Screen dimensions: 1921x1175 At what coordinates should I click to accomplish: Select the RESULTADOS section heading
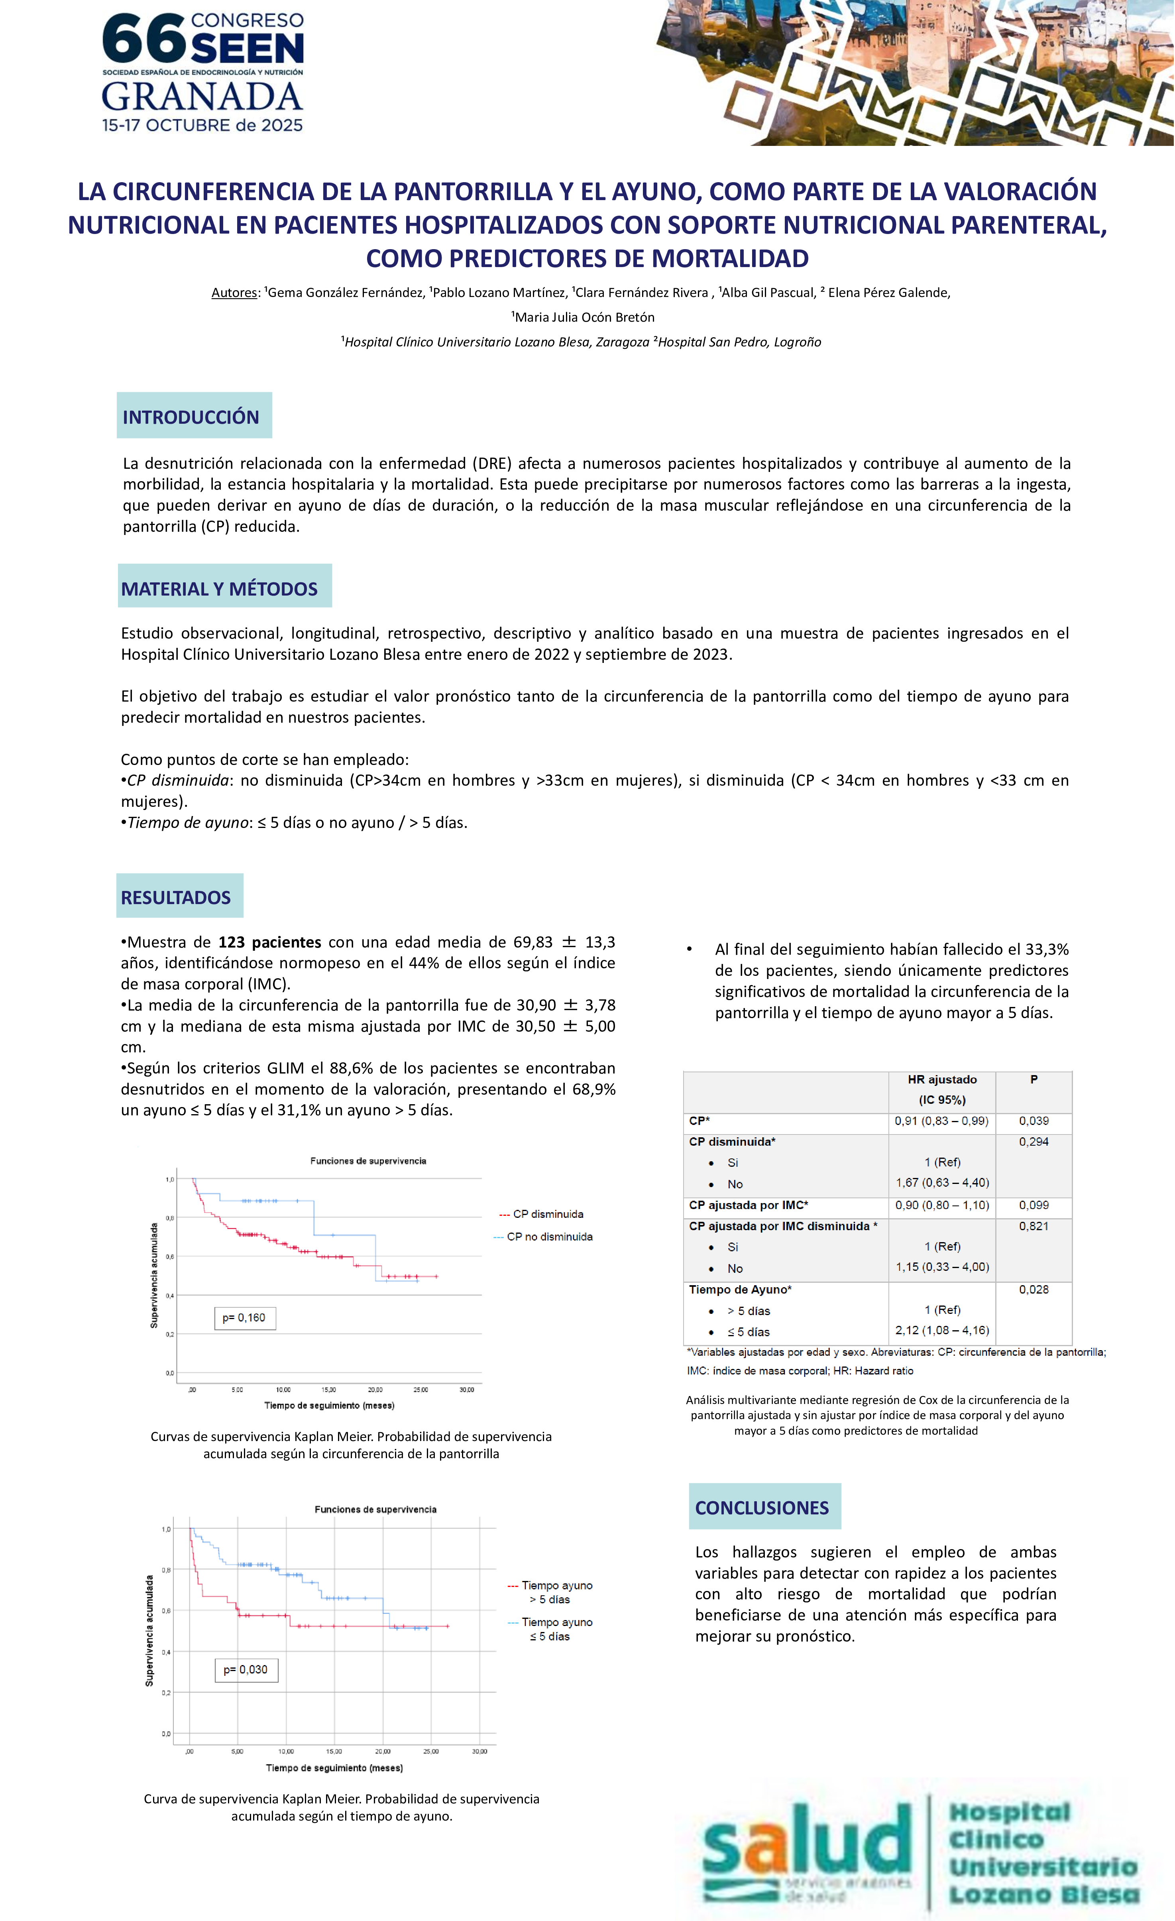click(x=176, y=897)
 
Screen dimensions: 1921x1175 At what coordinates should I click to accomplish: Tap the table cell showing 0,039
click(x=1033, y=1120)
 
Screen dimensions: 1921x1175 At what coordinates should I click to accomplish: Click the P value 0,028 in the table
click(x=1033, y=1290)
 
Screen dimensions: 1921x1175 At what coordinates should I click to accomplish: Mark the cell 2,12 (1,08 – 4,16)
click(x=942, y=1330)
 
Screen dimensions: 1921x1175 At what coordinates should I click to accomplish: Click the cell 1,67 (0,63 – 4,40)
click(x=942, y=1183)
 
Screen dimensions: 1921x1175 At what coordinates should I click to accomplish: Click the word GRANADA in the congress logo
click(x=202, y=97)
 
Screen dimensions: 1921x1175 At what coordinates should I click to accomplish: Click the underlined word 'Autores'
click(x=234, y=293)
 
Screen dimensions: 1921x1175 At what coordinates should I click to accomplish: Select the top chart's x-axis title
click(x=329, y=1406)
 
